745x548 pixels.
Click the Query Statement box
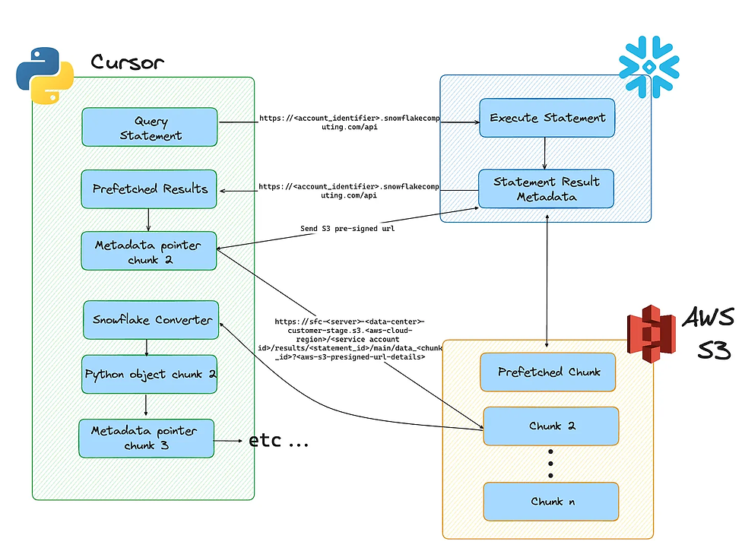(149, 128)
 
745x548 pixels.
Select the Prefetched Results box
(149, 188)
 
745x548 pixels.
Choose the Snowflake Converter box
(151, 319)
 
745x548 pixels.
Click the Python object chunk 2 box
(150, 374)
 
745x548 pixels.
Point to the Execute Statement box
(547, 118)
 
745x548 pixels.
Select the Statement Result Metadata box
(546, 188)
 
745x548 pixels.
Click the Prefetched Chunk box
(548, 372)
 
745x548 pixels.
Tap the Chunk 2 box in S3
(551, 426)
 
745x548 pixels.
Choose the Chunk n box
(551, 501)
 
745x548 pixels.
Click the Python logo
(45, 74)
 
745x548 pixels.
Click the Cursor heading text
(126, 62)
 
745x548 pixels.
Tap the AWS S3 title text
(709, 334)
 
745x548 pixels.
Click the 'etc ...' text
(278, 440)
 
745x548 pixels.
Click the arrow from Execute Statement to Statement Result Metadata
(545, 151)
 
